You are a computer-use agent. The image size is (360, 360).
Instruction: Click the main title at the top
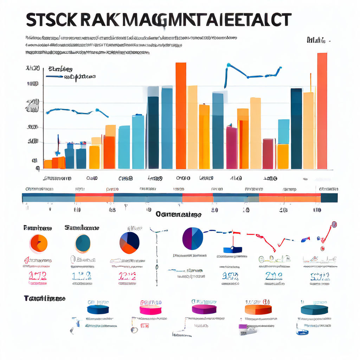coord(158,20)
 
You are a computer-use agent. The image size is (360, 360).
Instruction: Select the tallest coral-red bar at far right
coord(322,111)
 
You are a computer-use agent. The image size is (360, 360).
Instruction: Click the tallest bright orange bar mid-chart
coord(181,116)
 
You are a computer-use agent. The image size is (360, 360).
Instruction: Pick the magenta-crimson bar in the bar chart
coord(231,148)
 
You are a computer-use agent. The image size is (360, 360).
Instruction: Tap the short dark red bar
coord(268,154)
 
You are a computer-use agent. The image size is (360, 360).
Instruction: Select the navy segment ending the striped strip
coord(329,198)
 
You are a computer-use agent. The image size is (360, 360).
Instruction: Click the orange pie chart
coord(38,243)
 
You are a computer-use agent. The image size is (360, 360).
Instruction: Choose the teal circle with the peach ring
coord(83,243)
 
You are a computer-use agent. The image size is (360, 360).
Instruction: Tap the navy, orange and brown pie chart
coord(129,243)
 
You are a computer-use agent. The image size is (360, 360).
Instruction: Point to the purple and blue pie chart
coord(193,238)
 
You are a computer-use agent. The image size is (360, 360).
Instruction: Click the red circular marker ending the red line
coord(334,224)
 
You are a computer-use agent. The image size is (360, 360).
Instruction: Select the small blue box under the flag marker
coord(233,250)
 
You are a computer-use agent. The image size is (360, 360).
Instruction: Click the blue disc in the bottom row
coord(98,309)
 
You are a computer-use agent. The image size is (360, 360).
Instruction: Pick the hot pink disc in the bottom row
coord(150,309)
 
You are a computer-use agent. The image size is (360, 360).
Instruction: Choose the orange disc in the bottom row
coord(258,309)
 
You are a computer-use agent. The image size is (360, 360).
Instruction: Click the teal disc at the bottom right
coord(314,309)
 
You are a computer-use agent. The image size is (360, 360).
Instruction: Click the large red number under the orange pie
coord(38,275)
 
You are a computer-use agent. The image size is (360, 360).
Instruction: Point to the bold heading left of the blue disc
coord(45,298)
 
